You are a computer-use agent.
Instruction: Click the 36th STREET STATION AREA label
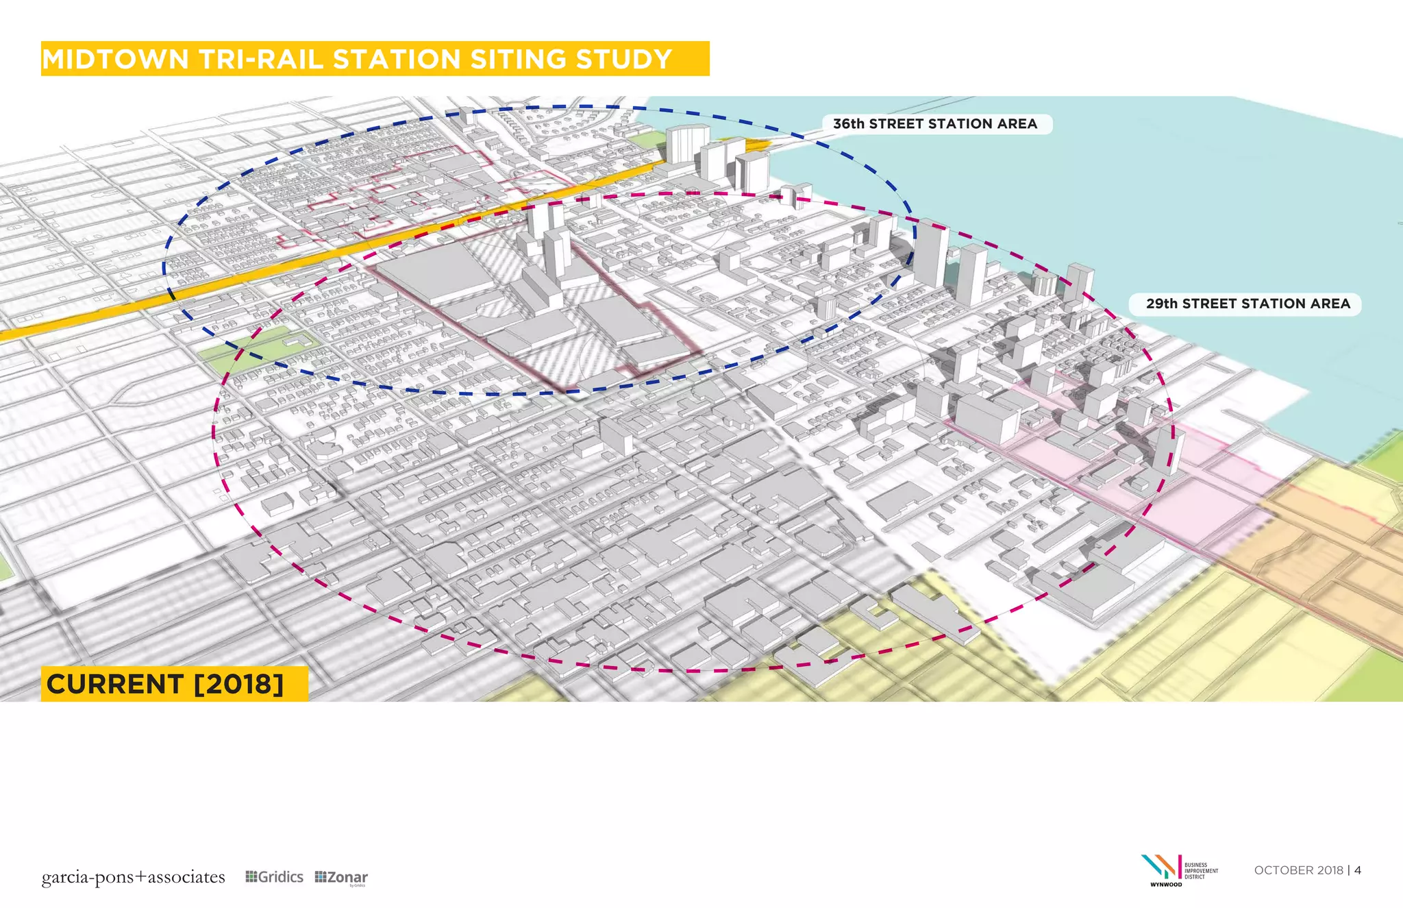935,124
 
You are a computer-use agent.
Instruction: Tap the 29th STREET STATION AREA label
1247,304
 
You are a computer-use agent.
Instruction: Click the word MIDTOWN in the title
115,60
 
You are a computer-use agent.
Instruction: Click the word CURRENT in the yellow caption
115,684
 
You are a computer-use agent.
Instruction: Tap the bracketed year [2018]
239,684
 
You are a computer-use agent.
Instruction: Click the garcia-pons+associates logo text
133,877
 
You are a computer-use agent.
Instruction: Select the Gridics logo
274,877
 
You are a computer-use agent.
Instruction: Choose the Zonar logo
341,878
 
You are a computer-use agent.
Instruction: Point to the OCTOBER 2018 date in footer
1298,870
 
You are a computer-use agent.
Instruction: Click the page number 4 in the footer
1358,870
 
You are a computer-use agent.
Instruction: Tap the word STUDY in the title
624,60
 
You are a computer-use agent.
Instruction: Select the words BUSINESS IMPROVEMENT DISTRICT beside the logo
1201,871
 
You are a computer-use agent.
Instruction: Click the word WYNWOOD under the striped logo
1165,885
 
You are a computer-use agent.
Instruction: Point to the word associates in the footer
186,877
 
